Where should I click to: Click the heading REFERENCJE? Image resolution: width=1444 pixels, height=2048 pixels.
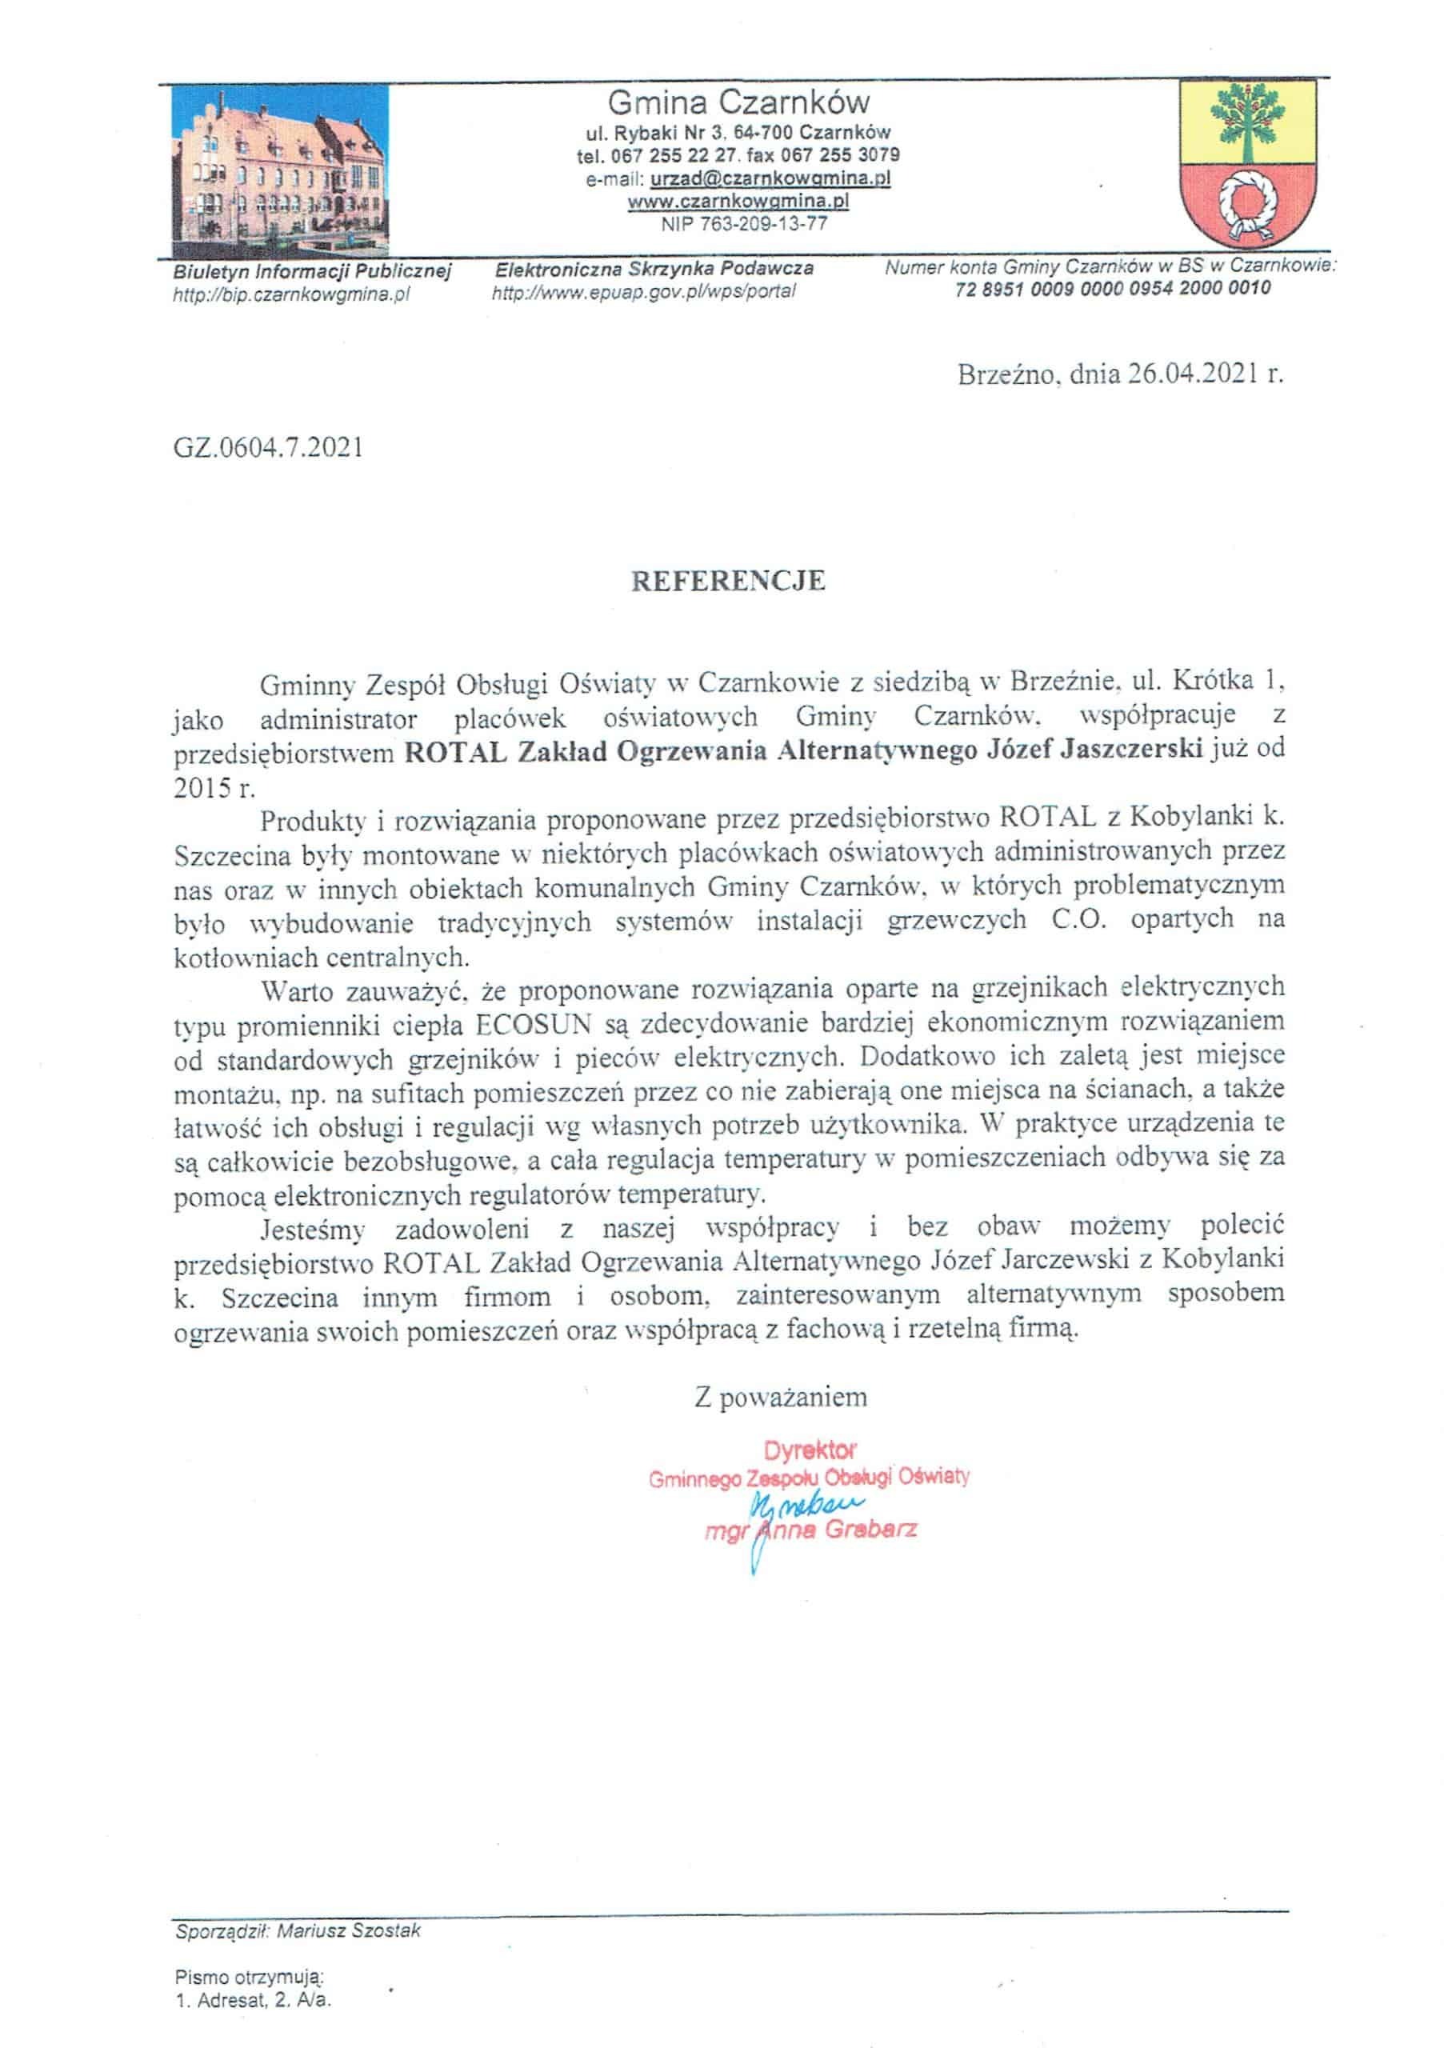pyautogui.click(x=728, y=582)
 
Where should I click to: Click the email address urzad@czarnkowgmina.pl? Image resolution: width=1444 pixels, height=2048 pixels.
pyautogui.click(x=770, y=178)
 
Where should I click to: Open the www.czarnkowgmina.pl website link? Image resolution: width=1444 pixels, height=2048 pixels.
pyautogui.click(x=738, y=202)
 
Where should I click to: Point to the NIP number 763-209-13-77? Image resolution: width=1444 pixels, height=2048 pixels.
pyautogui.click(x=744, y=224)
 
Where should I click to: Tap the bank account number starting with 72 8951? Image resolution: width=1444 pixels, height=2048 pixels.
pyautogui.click(x=1112, y=288)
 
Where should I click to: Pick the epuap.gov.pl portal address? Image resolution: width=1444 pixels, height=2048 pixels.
pyautogui.click(x=643, y=292)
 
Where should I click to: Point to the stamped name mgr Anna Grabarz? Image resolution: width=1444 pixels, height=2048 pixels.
pyautogui.click(x=810, y=1530)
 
